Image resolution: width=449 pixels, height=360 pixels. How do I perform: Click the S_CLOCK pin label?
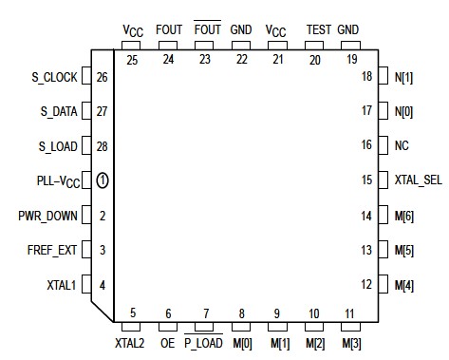46,76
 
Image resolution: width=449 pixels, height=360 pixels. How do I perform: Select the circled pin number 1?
103,180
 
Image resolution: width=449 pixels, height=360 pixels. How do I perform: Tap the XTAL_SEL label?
418,180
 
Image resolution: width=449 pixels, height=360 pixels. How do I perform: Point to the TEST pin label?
319,29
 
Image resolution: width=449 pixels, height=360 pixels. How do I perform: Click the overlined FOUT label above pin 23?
208,29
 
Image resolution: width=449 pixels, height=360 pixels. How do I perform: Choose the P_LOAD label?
203,342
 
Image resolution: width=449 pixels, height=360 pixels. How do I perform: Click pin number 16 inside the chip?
365,145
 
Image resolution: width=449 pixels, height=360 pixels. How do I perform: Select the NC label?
402,145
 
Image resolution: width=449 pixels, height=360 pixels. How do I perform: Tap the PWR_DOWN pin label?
47,215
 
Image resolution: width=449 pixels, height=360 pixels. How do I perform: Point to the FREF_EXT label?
49,249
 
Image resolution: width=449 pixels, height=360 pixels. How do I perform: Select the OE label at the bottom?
167,342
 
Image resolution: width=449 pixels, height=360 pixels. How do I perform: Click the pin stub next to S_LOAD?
86,145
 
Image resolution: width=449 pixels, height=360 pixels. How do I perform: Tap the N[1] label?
404,76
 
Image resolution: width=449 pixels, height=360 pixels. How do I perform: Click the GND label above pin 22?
240,29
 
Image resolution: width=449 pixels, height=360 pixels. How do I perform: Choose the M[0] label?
242,342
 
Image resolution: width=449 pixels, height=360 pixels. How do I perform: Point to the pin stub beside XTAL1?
86,283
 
